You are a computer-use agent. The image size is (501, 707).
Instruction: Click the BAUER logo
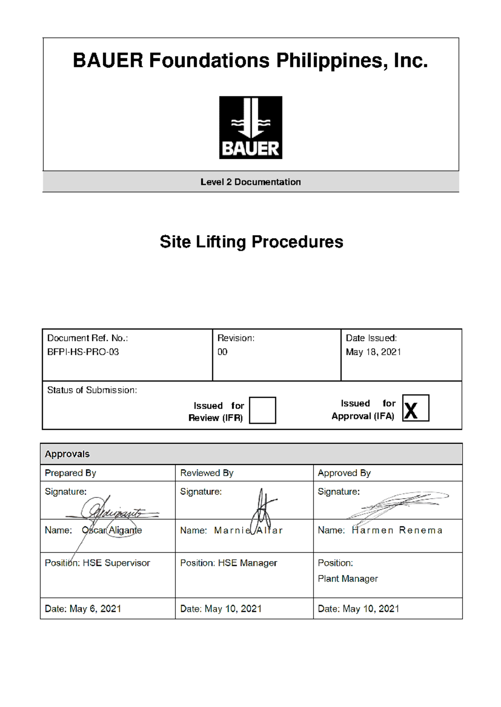(x=250, y=128)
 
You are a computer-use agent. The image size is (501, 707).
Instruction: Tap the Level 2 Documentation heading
(x=250, y=182)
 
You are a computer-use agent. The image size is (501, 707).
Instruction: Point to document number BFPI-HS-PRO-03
(x=83, y=352)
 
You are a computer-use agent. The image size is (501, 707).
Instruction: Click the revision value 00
(x=223, y=352)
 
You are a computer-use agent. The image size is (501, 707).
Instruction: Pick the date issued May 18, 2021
(x=373, y=352)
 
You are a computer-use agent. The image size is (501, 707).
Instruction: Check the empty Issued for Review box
(x=262, y=410)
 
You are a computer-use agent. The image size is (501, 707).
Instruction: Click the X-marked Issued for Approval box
(x=415, y=408)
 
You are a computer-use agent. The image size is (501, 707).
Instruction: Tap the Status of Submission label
(x=92, y=390)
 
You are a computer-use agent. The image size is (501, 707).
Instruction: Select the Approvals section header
(x=67, y=454)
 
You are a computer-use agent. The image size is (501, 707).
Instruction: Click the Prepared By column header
(x=71, y=473)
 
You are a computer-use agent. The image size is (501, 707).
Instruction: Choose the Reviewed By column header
(x=207, y=473)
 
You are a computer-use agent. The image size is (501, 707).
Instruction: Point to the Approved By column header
(x=344, y=473)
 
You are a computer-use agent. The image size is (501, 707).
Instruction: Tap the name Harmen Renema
(x=397, y=530)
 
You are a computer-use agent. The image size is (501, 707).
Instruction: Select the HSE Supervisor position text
(x=116, y=563)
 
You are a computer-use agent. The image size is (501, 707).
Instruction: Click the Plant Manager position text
(x=348, y=579)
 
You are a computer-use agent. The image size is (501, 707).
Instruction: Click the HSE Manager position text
(x=248, y=563)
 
